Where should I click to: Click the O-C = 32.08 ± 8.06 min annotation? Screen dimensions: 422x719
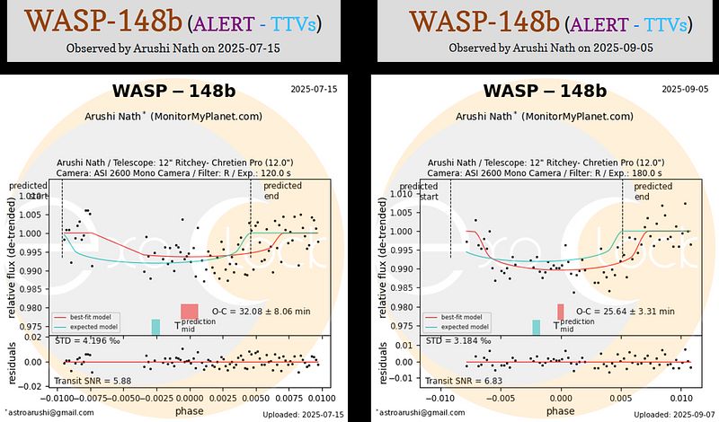261,311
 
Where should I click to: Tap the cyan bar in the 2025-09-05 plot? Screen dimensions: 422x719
537,328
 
